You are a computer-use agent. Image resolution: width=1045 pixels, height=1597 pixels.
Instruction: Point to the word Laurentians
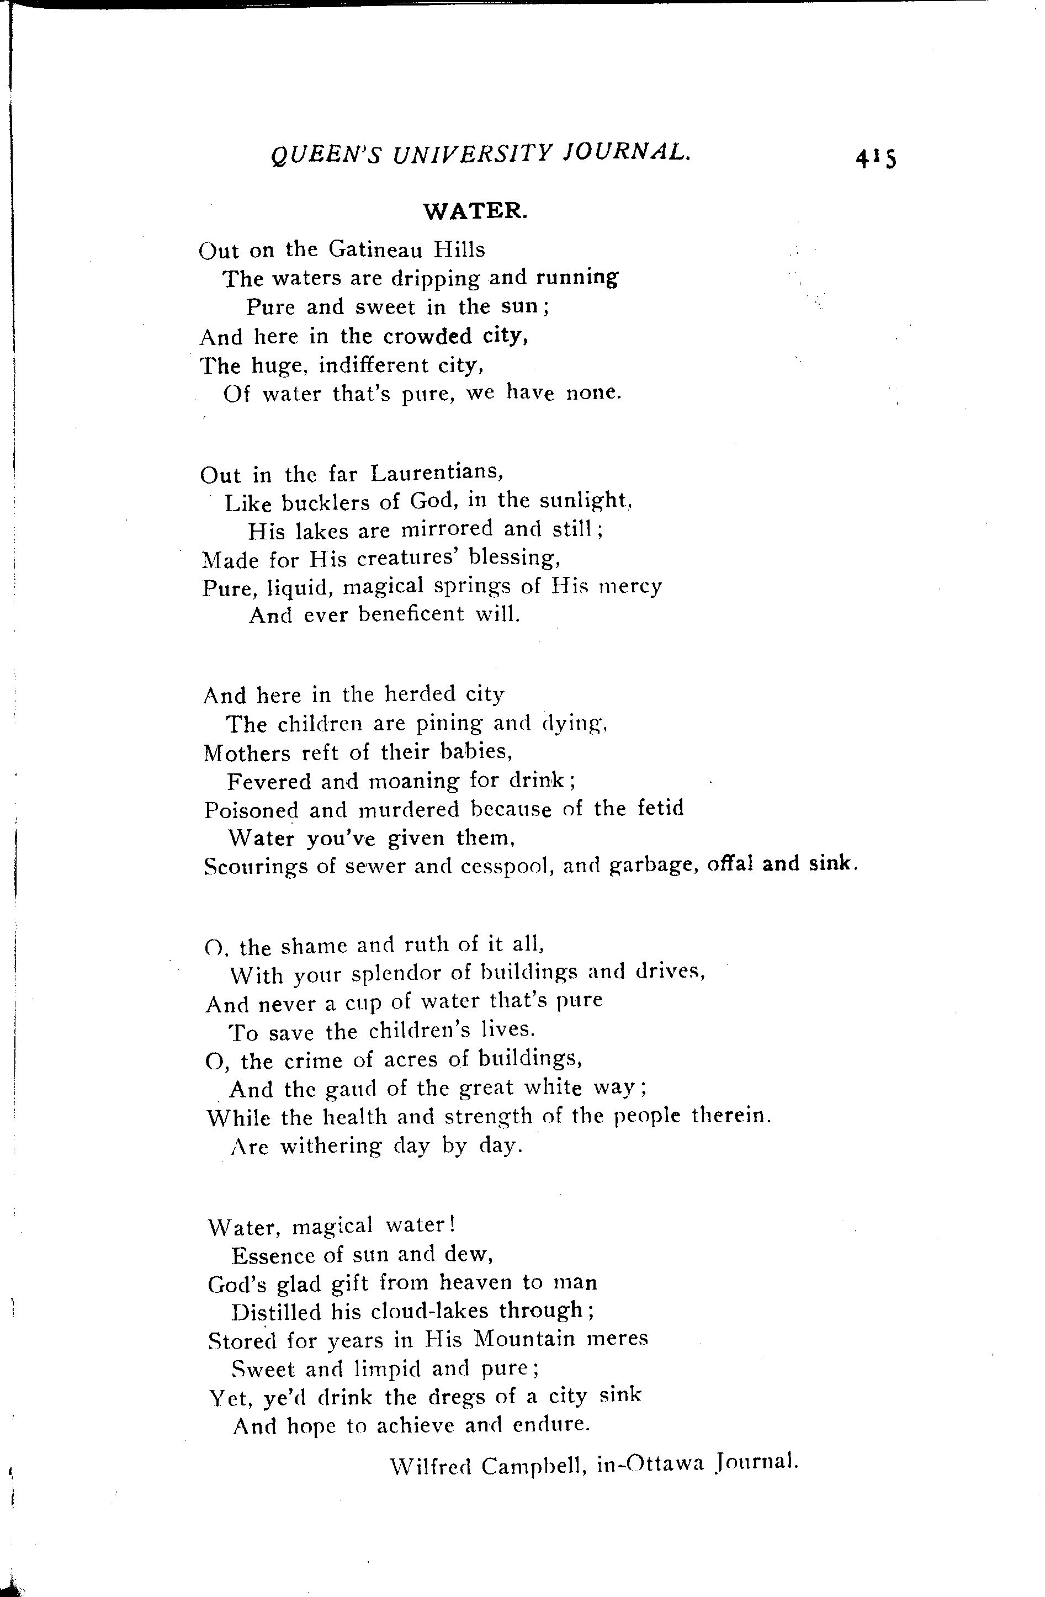coord(436,473)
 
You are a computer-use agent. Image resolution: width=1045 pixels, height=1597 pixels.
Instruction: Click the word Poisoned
coord(251,810)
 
